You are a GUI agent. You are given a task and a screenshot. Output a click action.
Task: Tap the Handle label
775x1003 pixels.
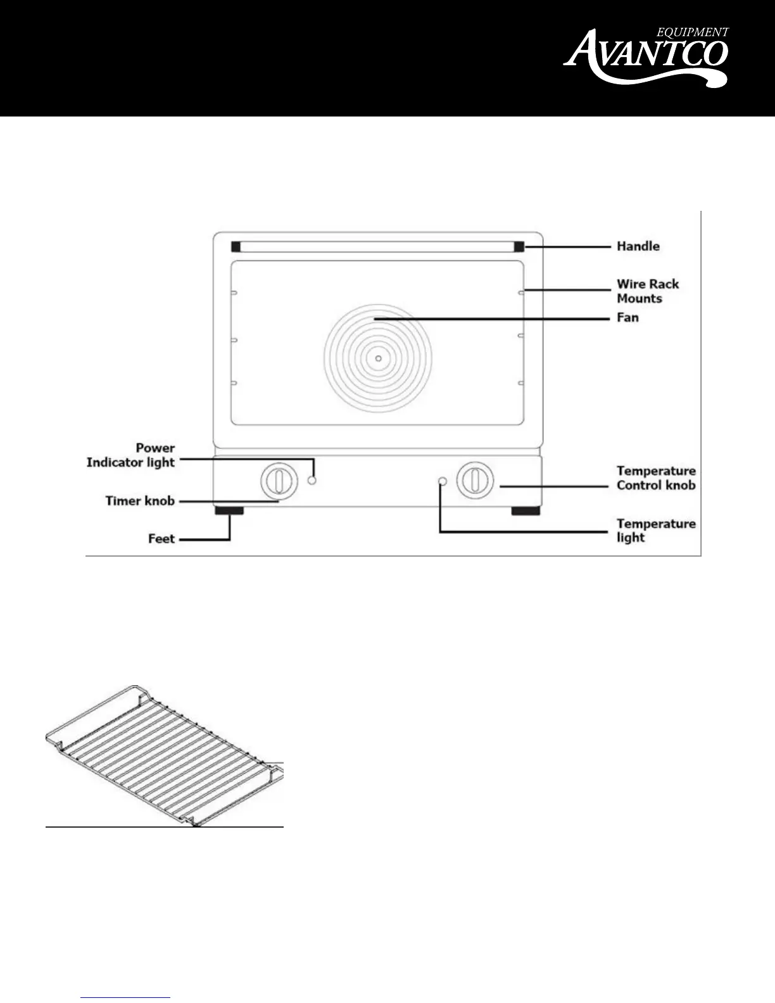tap(638, 246)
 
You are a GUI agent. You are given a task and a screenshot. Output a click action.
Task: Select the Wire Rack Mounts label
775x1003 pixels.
tap(648, 291)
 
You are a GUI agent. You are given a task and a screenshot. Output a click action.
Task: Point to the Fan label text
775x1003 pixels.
tap(627, 317)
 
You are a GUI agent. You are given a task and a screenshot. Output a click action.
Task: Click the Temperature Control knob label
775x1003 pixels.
tap(656, 478)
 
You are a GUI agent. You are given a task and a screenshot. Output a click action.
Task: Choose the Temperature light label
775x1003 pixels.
tap(656, 531)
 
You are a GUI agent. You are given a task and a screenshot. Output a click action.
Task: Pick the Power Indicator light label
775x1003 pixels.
tap(131, 455)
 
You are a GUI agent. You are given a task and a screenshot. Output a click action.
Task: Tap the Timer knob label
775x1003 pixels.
tap(140, 501)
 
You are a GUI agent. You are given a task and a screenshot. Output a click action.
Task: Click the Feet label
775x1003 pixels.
tap(161, 539)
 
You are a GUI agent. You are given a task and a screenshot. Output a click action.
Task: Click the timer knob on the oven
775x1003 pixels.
tap(279, 481)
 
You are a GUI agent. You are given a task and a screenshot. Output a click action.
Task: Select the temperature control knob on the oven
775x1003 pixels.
tap(475, 481)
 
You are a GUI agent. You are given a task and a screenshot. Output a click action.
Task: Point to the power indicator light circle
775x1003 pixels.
tap(312, 481)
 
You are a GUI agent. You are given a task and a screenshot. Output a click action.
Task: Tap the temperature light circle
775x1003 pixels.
tap(443, 481)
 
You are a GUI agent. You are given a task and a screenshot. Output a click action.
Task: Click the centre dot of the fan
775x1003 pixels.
tap(378, 359)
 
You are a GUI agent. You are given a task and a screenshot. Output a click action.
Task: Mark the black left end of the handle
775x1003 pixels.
tap(236, 247)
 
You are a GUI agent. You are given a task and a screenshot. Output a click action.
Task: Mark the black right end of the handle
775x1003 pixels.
tap(519, 247)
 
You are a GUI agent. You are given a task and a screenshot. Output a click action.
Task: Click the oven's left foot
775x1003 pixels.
tap(229, 510)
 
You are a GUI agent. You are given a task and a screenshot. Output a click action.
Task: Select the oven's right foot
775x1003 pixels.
tap(526, 510)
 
